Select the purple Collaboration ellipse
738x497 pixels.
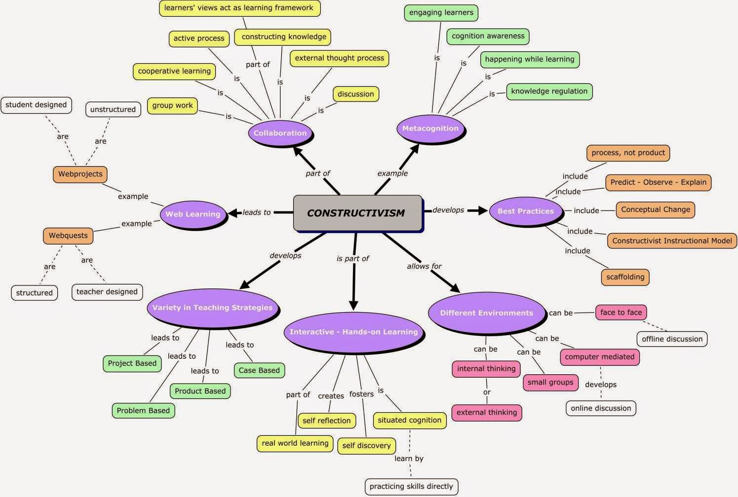click(x=280, y=133)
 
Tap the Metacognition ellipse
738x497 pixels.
click(x=430, y=128)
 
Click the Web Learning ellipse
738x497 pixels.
click(x=193, y=214)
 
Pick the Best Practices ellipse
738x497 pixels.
click(x=525, y=211)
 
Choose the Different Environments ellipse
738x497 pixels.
click(x=486, y=313)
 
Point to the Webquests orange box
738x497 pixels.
click(x=68, y=236)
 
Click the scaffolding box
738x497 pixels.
click(x=625, y=277)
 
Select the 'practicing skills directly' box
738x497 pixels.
click(x=411, y=486)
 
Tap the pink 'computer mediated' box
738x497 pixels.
click(x=599, y=356)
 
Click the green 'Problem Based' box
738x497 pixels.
click(x=143, y=410)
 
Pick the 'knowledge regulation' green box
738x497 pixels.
click(x=549, y=91)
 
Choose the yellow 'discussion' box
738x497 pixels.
click(x=355, y=94)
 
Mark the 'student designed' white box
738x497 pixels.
click(x=36, y=105)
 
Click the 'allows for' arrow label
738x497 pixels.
click(x=424, y=266)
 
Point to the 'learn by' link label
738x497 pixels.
click(x=409, y=459)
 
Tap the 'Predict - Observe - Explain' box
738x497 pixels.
click(x=658, y=182)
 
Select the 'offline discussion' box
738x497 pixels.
click(x=672, y=339)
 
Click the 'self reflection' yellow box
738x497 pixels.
click(x=326, y=421)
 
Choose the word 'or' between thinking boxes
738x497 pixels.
click(x=487, y=392)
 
